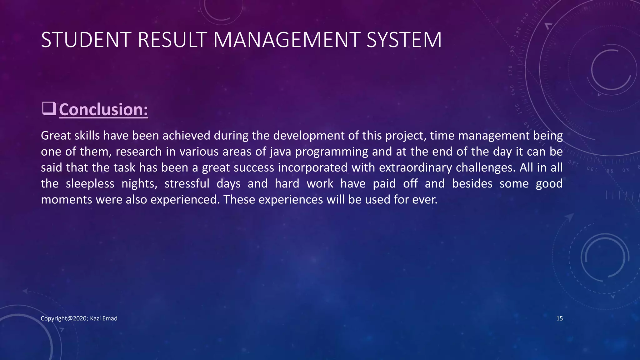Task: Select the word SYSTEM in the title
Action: [x=404, y=40]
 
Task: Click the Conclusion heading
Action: [x=103, y=110]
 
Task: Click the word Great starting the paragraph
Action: [x=56, y=136]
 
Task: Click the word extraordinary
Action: [x=415, y=168]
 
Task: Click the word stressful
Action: [x=187, y=183]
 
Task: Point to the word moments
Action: [x=66, y=200]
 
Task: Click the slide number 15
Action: [x=559, y=318]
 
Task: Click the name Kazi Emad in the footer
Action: [x=104, y=318]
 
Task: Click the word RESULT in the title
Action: [x=172, y=40]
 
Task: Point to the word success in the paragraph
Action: [x=254, y=168]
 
